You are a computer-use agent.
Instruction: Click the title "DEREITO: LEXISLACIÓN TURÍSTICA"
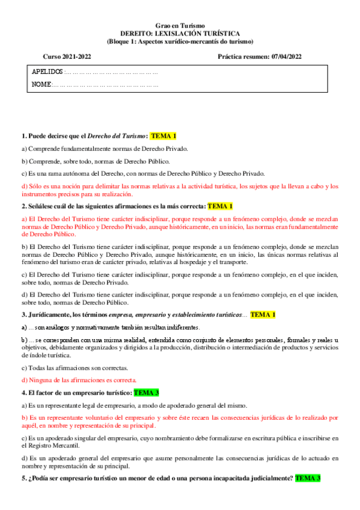[x=180, y=34]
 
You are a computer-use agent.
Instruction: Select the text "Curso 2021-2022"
[x=63, y=57]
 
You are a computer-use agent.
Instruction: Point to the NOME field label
[x=41, y=85]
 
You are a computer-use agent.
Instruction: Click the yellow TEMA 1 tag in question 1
[x=163, y=137]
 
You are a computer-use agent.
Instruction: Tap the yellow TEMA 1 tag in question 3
[x=263, y=315]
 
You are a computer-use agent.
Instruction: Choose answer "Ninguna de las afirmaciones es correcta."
[x=79, y=380]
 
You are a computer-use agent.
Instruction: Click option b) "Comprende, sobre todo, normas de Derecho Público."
[x=96, y=161]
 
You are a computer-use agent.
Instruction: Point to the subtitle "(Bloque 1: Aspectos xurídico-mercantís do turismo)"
[x=180, y=41]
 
